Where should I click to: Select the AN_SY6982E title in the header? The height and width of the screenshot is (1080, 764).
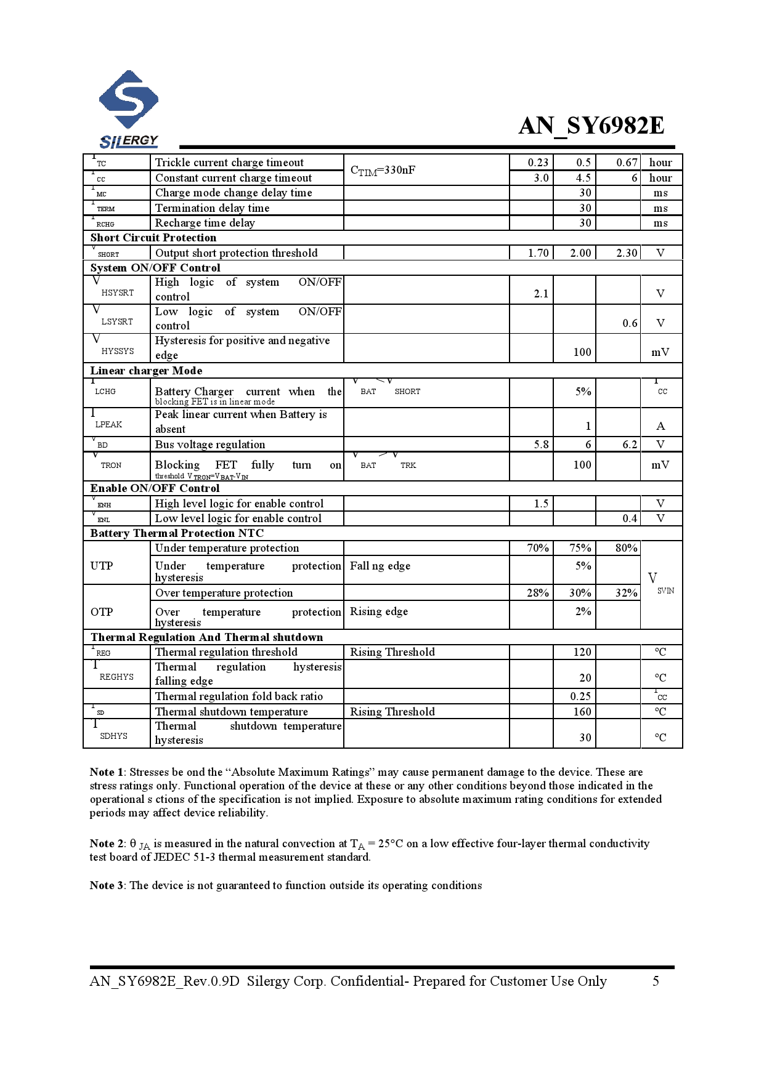591,126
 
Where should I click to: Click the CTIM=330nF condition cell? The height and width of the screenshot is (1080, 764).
383,171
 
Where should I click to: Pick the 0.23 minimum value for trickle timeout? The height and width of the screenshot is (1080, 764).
538,163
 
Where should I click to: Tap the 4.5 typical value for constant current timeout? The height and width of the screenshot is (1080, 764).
583,178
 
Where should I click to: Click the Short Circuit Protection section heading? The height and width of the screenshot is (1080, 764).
153,238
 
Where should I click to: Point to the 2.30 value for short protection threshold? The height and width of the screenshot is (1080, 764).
627,253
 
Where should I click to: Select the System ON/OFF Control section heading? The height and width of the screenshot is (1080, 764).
155,268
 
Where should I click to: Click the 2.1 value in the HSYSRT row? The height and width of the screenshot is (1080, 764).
541,294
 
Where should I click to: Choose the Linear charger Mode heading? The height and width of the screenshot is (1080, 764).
146,371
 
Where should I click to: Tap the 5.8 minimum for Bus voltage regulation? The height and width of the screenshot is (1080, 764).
541,445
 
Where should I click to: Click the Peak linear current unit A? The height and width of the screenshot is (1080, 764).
660,426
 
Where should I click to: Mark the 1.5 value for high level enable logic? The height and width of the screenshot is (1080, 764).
541,504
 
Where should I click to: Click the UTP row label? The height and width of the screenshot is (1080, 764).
102,566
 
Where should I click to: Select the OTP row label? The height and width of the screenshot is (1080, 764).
102,612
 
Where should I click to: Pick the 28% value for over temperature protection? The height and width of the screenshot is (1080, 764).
538,593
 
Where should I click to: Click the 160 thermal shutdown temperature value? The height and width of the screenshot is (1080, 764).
582,712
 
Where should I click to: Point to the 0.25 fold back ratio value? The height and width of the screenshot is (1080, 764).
580,696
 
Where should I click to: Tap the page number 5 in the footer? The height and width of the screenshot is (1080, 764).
656,981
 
